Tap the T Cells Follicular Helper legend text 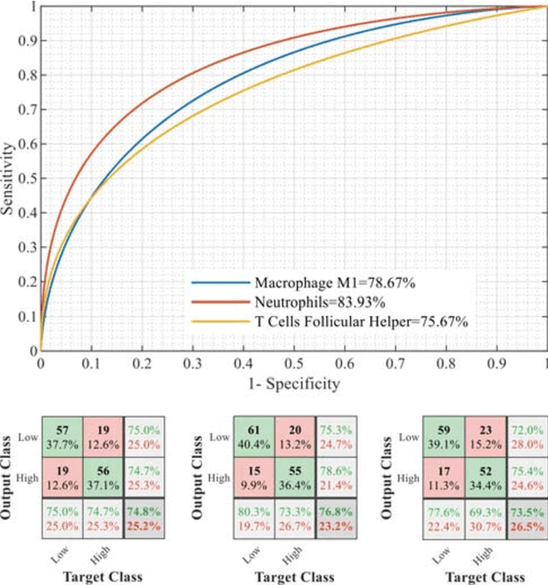[361, 321]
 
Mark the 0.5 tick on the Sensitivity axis [26, 178]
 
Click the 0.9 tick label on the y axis [26, 40]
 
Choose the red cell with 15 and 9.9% [253, 475]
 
